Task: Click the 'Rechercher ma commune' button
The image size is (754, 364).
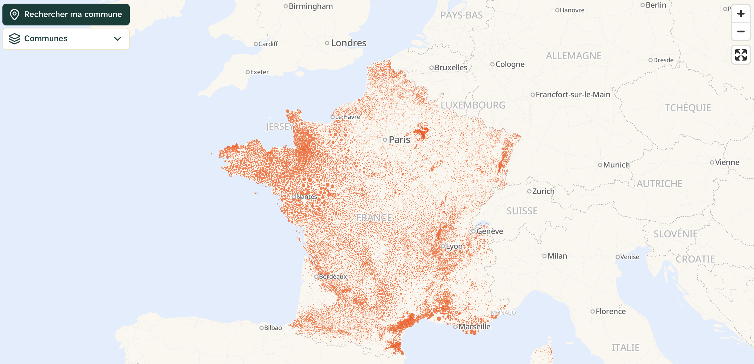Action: click(66, 15)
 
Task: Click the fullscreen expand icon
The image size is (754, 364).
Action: click(741, 55)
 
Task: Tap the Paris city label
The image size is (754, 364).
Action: click(399, 140)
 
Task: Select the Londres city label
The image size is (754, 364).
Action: click(348, 43)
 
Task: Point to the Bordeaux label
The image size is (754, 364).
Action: click(332, 276)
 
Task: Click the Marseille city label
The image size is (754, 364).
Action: click(474, 326)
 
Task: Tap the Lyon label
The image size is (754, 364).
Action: click(454, 246)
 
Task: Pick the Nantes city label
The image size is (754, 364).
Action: click(306, 197)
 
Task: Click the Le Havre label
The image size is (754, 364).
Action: click(347, 117)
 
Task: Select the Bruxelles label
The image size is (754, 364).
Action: click(451, 68)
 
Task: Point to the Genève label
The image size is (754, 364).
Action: click(489, 231)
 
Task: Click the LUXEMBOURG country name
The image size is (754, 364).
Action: click(473, 105)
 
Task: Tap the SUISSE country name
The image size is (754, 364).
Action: click(522, 211)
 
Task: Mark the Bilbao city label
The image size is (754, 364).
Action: click(273, 328)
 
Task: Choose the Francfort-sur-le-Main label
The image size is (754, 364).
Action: click(572, 94)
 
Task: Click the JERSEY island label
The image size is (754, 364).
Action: click(280, 126)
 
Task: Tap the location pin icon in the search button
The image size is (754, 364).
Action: click(15, 14)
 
